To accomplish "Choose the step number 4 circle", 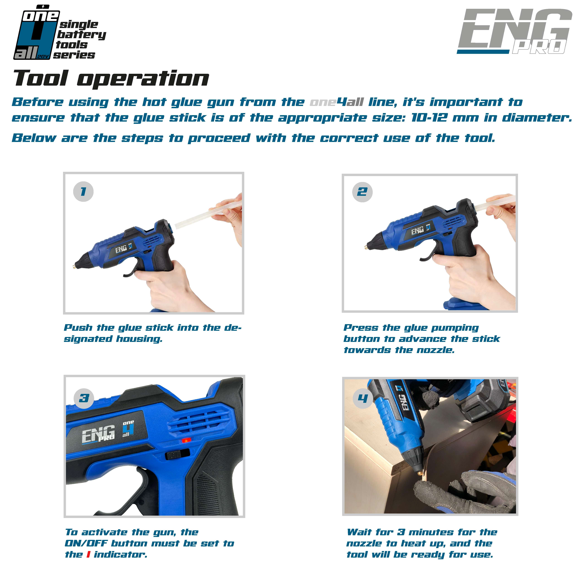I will pos(363,398).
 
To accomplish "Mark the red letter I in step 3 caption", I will pos(88,555).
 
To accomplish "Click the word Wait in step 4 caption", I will pos(358,532).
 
